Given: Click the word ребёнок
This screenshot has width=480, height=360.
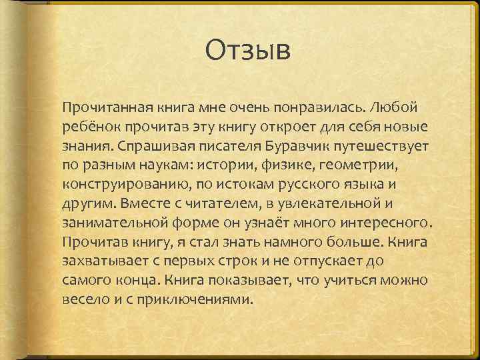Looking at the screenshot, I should coord(88,127).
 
